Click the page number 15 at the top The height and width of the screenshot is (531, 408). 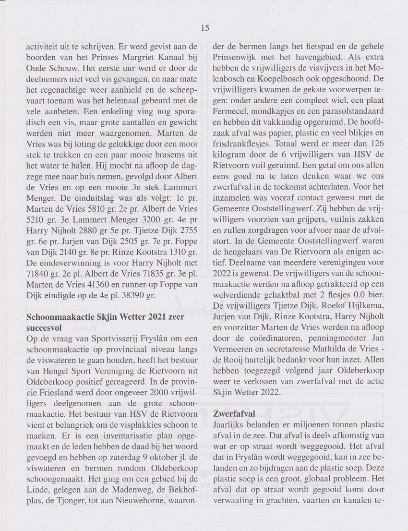(204, 28)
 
